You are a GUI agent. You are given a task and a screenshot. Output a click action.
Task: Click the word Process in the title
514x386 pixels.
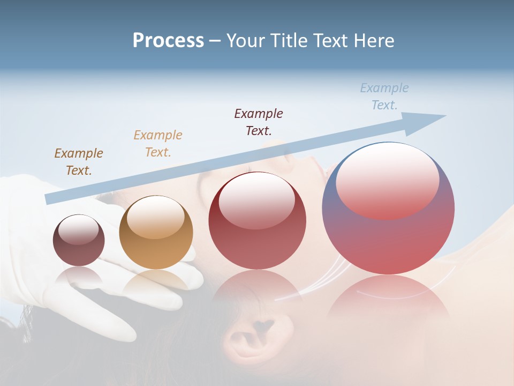point(168,40)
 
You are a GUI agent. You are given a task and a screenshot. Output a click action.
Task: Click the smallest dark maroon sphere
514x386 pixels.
point(79,240)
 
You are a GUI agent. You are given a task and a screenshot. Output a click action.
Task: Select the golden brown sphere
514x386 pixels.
point(156,232)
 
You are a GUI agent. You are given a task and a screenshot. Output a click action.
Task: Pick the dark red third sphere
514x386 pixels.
point(257,220)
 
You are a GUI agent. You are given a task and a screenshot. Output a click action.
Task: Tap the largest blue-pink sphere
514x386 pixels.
point(388,208)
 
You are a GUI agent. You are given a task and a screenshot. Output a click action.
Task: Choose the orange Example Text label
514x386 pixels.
point(158,143)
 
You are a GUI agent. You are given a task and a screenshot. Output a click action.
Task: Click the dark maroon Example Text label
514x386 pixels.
point(259,122)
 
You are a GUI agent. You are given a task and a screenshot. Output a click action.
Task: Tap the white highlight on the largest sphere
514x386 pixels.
point(387,180)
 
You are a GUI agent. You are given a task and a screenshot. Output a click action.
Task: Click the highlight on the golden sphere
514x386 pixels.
point(156,217)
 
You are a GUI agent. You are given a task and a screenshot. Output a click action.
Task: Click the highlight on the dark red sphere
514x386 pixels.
point(257,199)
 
